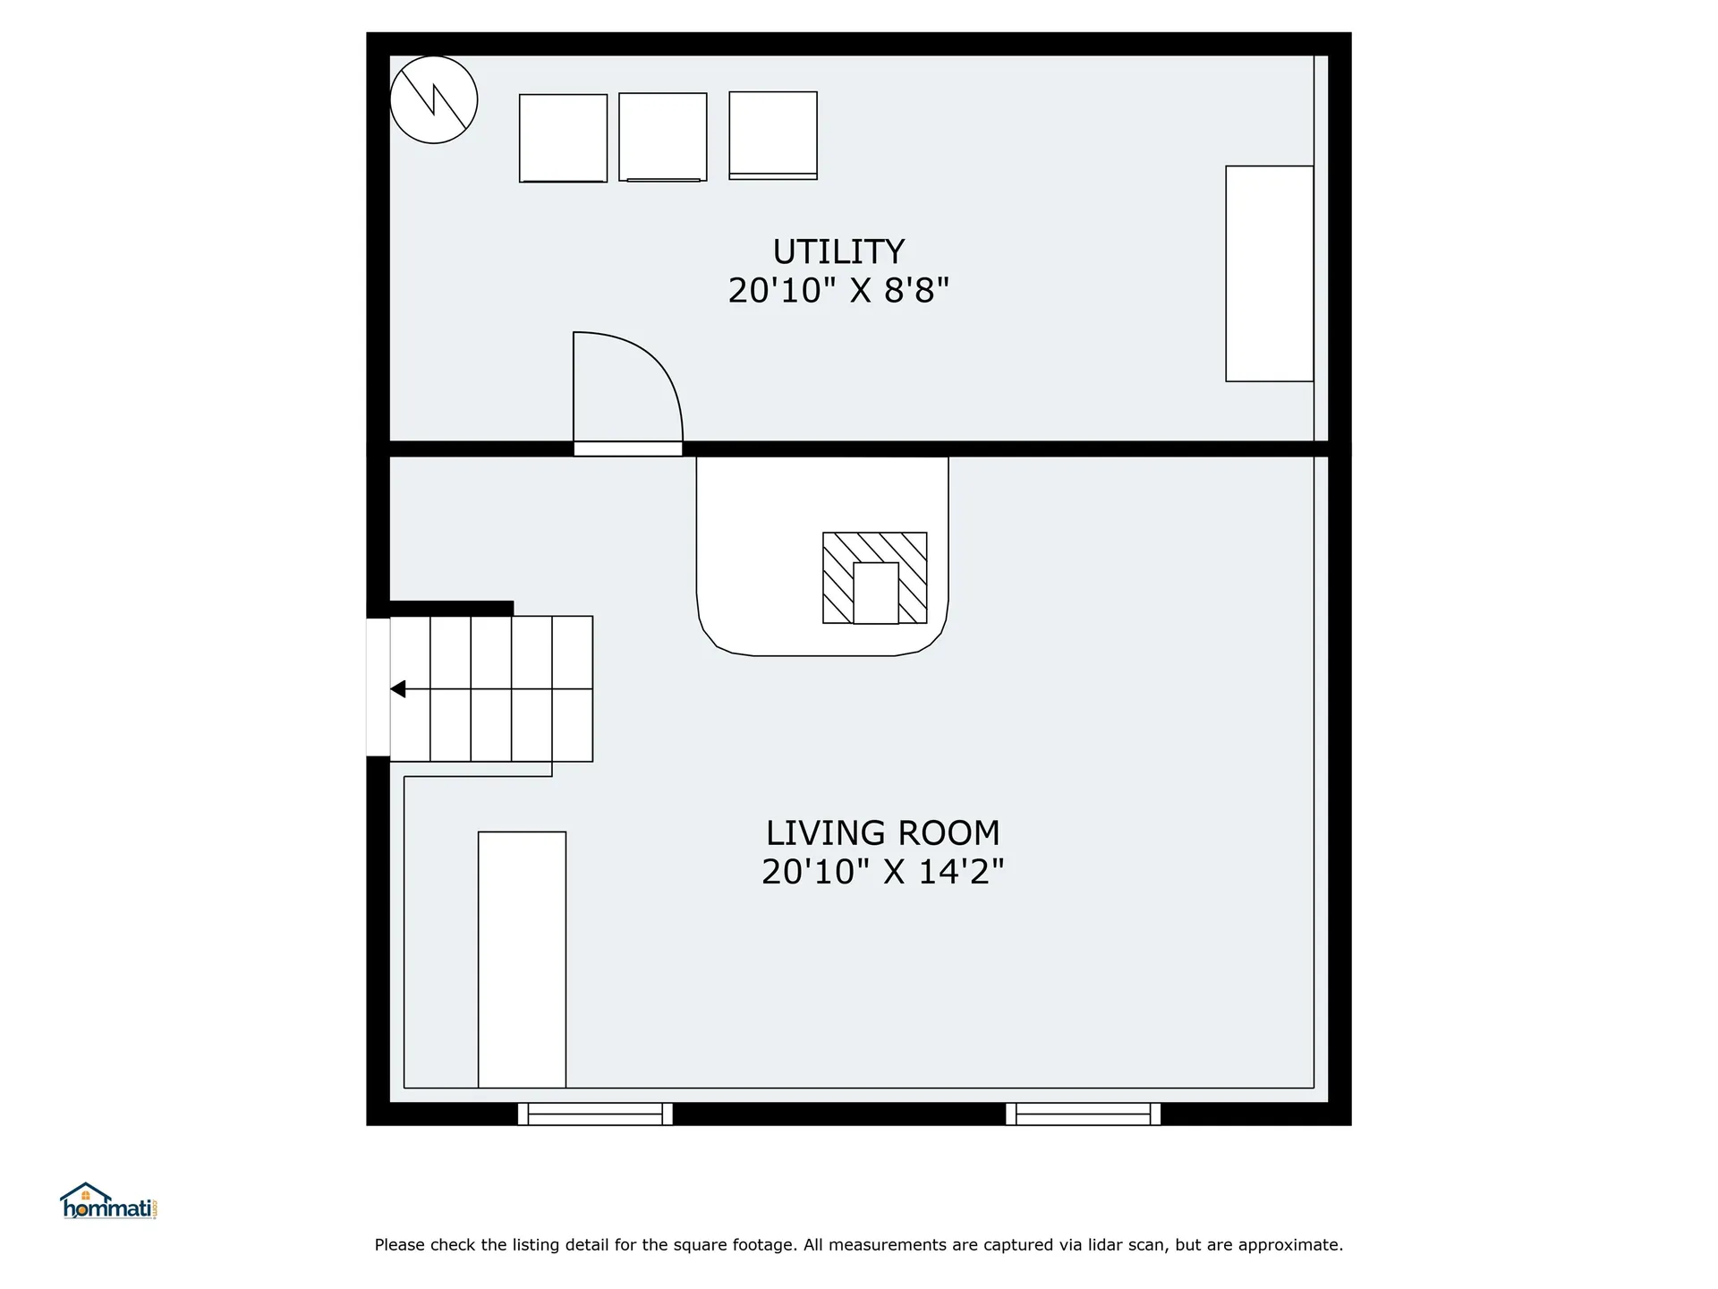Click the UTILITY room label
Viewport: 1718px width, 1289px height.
click(x=838, y=252)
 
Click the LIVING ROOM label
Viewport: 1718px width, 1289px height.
click(x=882, y=833)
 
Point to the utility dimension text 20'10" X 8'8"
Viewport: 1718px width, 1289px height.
click(x=838, y=290)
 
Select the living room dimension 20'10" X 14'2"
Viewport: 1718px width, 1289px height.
click(x=882, y=871)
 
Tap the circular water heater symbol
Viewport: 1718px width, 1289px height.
click(x=434, y=99)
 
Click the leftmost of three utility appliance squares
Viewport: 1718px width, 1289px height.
click(x=563, y=138)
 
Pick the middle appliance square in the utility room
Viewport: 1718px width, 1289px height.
click(x=663, y=137)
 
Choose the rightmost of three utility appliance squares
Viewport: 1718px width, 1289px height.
click(x=773, y=135)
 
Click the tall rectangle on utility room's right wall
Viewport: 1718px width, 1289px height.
click(x=1270, y=274)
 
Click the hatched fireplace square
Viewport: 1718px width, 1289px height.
click(x=875, y=577)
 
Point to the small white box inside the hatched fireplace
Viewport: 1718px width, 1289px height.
click(x=876, y=593)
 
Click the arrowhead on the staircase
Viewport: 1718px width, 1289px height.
click(x=398, y=689)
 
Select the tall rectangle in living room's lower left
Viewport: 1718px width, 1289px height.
click(x=522, y=960)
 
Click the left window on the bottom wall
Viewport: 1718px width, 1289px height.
click(x=595, y=1114)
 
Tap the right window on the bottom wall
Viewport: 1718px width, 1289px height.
click(x=1084, y=1114)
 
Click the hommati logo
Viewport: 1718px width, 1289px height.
click(x=109, y=1201)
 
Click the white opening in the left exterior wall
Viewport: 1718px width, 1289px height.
click(x=378, y=687)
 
